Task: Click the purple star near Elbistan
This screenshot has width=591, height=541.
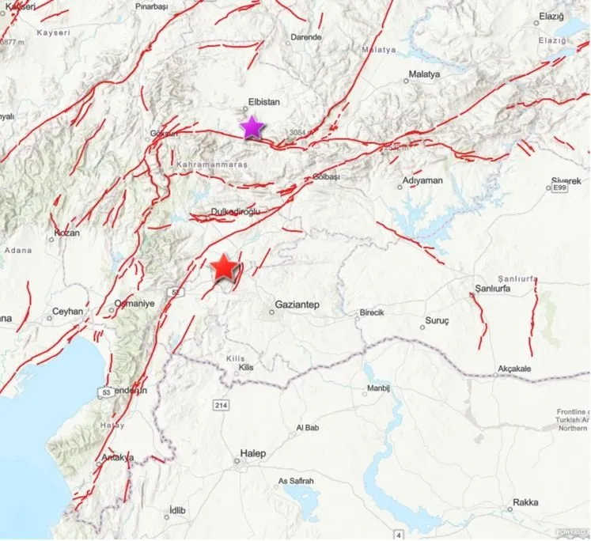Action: [x=252, y=127]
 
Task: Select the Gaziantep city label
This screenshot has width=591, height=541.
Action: [x=297, y=305]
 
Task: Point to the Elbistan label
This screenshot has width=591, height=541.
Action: [x=263, y=101]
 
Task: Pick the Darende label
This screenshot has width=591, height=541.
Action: [x=306, y=37]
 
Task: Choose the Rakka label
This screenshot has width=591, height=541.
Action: [x=525, y=502]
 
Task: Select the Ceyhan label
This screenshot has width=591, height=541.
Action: [x=67, y=312]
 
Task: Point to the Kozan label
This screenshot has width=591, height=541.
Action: [x=66, y=234]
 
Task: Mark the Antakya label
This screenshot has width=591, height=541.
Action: [x=118, y=457]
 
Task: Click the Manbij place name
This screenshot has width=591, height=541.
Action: [x=378, y=390]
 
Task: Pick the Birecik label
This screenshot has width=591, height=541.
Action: [x=372, y=312]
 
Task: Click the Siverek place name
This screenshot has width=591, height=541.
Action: [x=566, y=181]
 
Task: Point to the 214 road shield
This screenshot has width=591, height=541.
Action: [x=222, y=405]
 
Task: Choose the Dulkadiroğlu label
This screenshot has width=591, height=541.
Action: [x=235, y=211]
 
